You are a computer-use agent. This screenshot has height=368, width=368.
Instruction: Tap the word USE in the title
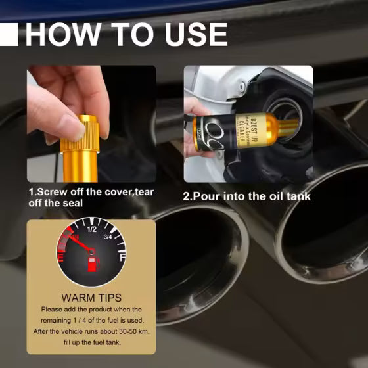point(190,34)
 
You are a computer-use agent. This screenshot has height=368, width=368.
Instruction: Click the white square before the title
point(9,34)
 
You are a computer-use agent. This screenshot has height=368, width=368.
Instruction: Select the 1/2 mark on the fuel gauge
point(92,230)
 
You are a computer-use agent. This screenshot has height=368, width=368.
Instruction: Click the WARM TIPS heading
point(91,298)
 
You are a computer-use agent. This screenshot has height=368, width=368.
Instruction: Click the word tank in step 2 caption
point(298,196)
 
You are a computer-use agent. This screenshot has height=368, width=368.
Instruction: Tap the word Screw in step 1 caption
point(51,192)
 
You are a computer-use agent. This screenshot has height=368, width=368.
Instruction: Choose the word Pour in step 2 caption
point(206,196)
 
